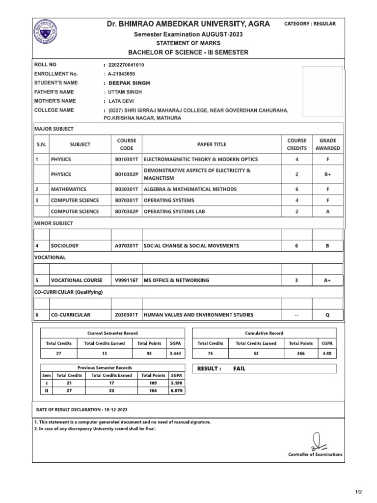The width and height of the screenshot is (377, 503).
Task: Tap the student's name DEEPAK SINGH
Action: [x=130, y=83]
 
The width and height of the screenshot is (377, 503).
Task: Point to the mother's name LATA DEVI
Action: [x=120, y=101]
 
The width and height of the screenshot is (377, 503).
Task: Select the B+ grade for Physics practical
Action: [x=327, y=174]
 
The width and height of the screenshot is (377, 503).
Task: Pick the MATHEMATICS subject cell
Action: [x=69, y=189]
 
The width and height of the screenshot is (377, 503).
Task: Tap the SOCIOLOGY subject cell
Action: [x=65, y=246]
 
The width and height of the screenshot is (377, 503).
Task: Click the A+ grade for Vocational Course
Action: [x=327, y=280]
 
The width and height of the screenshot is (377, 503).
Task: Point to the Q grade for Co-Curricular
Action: [x=327, y=315]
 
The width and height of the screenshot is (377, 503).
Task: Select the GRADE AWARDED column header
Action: [x=327, y=144]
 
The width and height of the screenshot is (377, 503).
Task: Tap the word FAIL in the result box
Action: [x=240, y=368]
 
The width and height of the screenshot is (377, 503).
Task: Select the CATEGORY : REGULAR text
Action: [x=310, y=24]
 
